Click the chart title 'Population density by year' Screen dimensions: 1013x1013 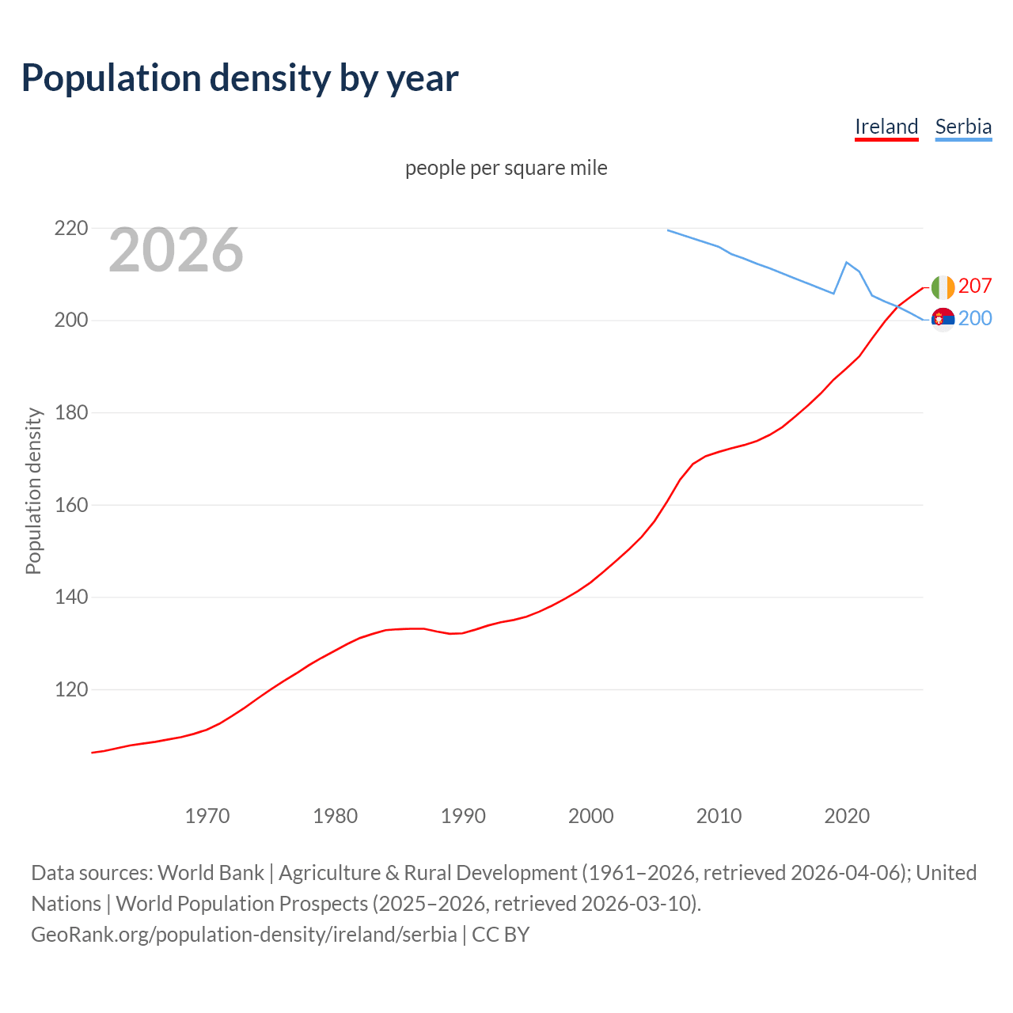click(240, 78)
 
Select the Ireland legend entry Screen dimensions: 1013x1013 click(886, 127)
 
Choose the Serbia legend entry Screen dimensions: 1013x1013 click(963, 127)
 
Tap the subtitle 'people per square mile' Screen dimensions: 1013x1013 click(506, 168)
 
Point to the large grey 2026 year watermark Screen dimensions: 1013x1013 click(176, 250)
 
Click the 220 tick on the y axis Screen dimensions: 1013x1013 click(71, 229)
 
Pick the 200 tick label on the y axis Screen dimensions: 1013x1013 click(71, 321)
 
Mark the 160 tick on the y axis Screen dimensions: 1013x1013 click(71, 505)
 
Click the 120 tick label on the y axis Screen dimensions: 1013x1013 click(71, 689)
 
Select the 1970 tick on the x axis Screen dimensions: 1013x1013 click(207, 816)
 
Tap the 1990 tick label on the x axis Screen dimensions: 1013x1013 click(463, 816)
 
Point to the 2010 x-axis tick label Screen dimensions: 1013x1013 click(719, 816)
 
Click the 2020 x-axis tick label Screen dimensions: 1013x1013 click(847, 816)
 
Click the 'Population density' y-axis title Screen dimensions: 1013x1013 click(33, 491)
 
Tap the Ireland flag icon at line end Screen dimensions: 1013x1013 click(943, 287)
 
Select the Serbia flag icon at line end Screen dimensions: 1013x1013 click(943, 319)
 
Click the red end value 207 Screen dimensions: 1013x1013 click(975, 286)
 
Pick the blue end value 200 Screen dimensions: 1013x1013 click(975, 318)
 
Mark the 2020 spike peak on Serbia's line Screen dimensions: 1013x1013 click(847, 262)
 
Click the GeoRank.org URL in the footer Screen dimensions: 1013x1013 click(244, 935)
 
